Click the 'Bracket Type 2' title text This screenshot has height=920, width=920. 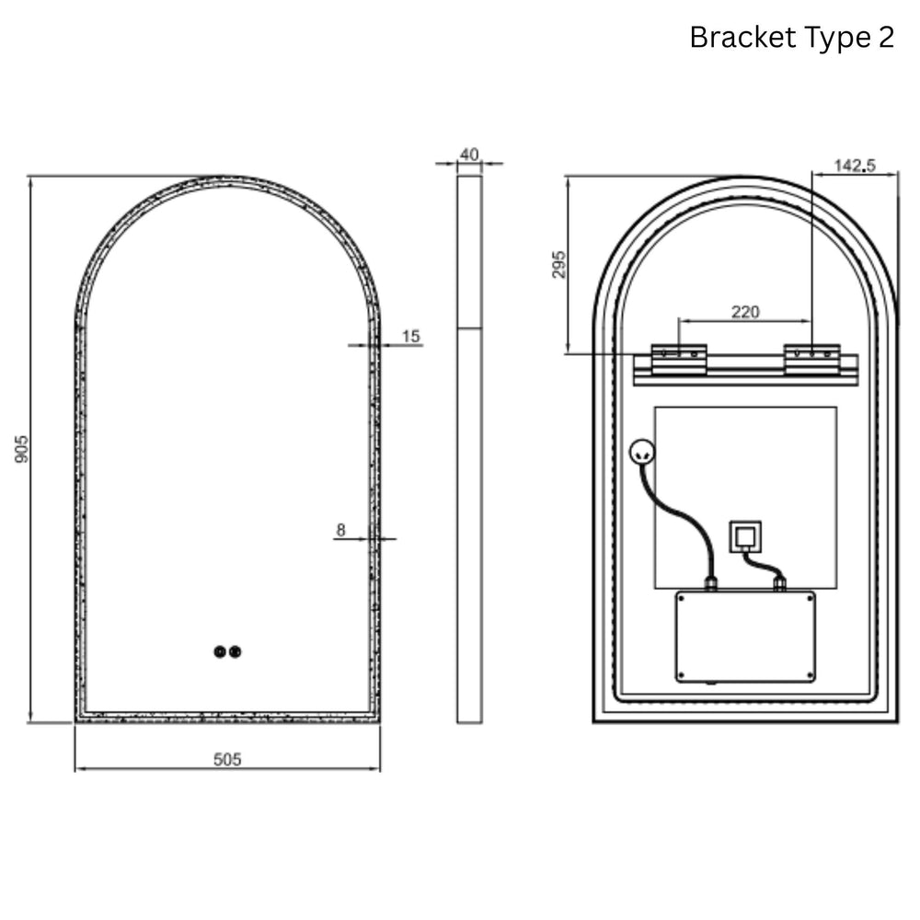pyautogui.click(x=791, y=38)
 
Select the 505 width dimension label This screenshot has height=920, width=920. pyautogui.click(x=227, y=759)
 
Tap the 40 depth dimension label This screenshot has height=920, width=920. pyautogui.click(x=469, y=155)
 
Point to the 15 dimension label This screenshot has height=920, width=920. pyautogui.click(x=411, y=337)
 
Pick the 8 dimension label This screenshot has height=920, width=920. pyautogui.click(x=341, y=530)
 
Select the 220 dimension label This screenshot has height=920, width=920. pyautogui.click(x=745, y=312)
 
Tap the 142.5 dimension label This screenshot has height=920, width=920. pyautogui.click(x=855, y=166)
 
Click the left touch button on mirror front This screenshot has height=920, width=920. pyautogui.click(x=219, y=652)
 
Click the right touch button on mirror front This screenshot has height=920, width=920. pyautogui.click(x=236, y=652)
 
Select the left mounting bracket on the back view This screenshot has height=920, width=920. pyautogui.click(x=679, y=359)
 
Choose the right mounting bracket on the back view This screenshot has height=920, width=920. pyautogui.click(x=811, y=359)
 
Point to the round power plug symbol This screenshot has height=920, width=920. pyautogui.click(x=641, y=452)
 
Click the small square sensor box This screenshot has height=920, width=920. pyautogui.click(x=745, y=536)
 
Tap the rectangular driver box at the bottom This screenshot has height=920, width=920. pyautogui.click(x=745, y=637)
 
